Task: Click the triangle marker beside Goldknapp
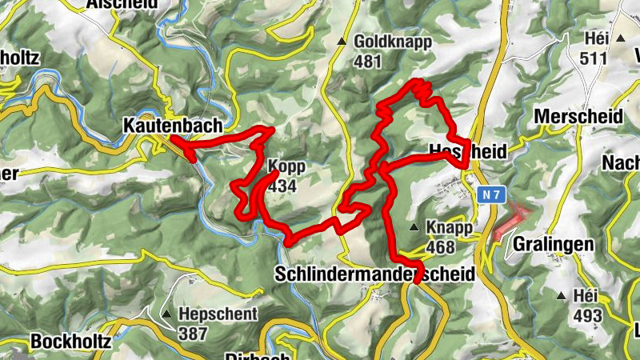click(342, 41)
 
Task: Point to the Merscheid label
click(578, 116)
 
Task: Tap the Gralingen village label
click(554, 243)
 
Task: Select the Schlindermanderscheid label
click(374, 274)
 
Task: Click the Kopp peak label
click(286, 166)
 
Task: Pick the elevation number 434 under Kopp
click(283, 186)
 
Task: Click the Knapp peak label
click(446, 228)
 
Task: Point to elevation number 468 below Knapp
click(441, 246)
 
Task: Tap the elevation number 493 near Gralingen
click(587, 315)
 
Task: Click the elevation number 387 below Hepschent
click(193, 334)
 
